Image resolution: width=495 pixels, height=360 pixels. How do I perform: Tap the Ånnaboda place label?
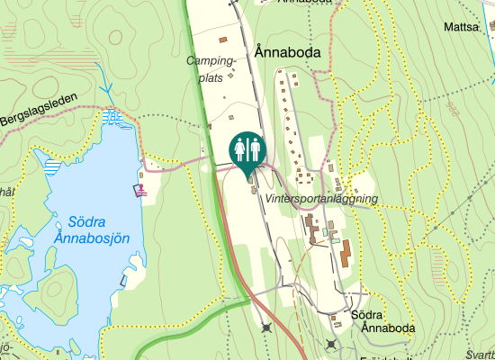tap(288, 53)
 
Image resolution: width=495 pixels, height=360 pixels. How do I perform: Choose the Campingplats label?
tap(211, 69)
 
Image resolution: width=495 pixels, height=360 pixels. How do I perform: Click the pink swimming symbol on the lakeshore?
tap(141, 189)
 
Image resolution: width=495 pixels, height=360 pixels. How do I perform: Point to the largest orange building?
tap(345, 254)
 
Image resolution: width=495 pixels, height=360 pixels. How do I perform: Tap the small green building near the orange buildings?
tap(335, 240)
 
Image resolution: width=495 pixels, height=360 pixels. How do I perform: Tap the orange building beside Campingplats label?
tap(223, 40)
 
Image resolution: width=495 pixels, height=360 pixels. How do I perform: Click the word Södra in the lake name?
tap(87, 220)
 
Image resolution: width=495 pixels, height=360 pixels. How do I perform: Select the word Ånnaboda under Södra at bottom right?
tap(387, 328)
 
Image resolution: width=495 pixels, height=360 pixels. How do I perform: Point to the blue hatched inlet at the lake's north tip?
tap(112, 116)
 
